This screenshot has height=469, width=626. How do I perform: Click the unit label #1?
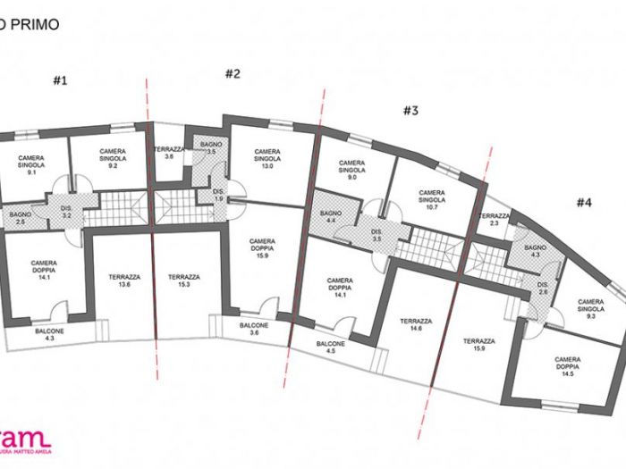[60, 80]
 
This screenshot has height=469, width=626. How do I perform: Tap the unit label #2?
[233, 74]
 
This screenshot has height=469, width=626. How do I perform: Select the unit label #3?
[410, 111]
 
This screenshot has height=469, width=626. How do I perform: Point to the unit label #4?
[583, 203]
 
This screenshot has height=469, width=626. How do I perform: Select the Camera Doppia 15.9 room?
[262, 248]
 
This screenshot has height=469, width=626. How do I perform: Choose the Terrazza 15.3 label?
[183, 281]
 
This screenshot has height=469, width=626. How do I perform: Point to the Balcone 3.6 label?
[255, 330]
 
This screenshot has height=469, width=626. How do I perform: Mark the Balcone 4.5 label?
[331, 348]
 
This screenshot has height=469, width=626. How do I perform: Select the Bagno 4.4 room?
[331, 216]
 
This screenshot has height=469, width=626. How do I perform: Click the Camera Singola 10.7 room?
[431, 198]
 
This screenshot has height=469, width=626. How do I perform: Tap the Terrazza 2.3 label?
[494, 221]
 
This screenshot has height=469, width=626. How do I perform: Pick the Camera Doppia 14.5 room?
[567, 366]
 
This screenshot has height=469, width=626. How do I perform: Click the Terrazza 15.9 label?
[480, 346]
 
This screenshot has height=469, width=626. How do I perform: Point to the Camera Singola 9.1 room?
[31, 164]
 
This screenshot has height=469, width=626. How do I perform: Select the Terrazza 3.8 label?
[169, 153]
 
